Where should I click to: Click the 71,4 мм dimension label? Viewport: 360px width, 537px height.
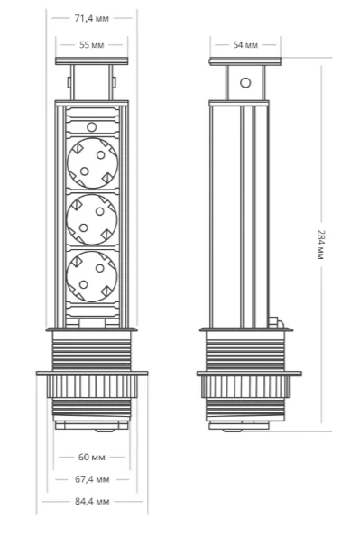[x=92, y=18]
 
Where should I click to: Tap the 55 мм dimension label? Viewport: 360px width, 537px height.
[x=91, y=45]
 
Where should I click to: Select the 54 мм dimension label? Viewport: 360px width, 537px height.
[x=245, y=45]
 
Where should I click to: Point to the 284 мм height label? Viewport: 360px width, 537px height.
[x=320, y=245]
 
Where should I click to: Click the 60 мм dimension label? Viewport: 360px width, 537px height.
[x=91, y=457]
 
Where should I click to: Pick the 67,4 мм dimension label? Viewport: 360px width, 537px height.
[x=92, y=479]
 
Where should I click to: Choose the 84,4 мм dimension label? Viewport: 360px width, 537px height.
[x=92, y=502]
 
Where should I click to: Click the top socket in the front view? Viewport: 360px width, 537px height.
[x=93, y=163]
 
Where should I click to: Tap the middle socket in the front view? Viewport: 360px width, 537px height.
[x=92, y=219]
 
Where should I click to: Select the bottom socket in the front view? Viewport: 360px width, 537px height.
[x=92, y=276]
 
